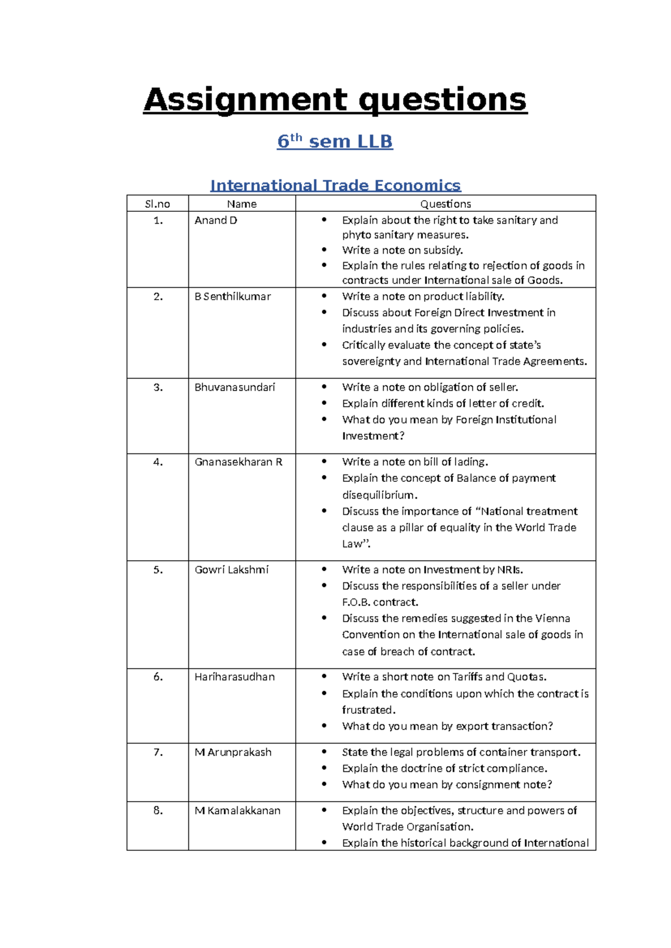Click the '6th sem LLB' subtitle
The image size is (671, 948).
click(x=335, y=141)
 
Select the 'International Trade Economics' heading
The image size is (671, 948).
click(x=335, y=185)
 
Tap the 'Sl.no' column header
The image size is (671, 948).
click(x=157, y=204)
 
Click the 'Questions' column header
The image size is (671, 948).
click(x=445, y=204)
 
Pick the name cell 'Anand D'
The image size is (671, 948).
click(x=216, y=220)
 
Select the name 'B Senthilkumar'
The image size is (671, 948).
click(x=233, y=296)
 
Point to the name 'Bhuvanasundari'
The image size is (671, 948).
click(x=235, y=387)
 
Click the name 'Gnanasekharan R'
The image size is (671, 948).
click(x=238, y=462)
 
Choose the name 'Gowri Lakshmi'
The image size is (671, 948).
click(x=231, y=570)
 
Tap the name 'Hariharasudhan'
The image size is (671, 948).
click(x=234, y=677)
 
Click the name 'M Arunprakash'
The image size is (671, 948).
click(x=233, y=752)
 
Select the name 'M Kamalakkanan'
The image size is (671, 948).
click(x=237, y=810)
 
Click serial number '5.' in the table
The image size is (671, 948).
click(x=158, y=570)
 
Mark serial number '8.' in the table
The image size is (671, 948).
click(x=158, y=810)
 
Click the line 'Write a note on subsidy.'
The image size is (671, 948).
click(x=402, y=250)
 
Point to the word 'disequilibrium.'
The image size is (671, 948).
click(x=380, y=495)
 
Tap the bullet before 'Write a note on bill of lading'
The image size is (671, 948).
click(x=324, y=462)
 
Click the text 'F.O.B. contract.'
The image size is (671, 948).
click(x=380, y=602)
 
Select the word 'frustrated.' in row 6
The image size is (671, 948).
click(x=368, y=710)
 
